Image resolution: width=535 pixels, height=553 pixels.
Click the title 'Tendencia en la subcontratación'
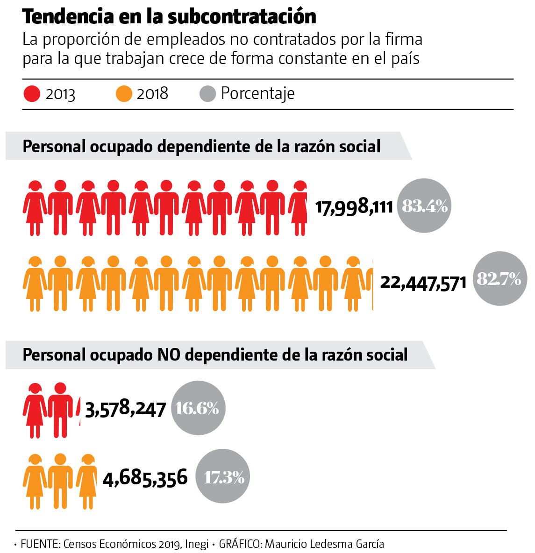click(x=169, y=17)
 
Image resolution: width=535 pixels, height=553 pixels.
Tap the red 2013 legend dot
click(x=32, y=94)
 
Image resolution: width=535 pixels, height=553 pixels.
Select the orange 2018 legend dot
click(x=124, y=94)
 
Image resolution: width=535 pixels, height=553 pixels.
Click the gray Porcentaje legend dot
click(x=207, y=93)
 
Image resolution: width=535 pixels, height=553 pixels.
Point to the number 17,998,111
click(x=354, y=206)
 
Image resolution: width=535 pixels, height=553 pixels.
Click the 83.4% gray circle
click(x=424, y=206)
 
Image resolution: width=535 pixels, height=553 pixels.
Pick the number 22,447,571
click(x=423, y=282)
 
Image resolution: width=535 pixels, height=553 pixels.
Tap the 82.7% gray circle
click(x=500, y=279)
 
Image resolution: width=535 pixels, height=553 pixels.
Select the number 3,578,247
click(x=126, y=410)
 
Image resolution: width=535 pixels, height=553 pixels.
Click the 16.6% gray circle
click(x=198, y=408)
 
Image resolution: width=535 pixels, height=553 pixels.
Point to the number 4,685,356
click(x=145, y=477)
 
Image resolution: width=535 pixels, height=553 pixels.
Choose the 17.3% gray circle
click(x=222, y=477)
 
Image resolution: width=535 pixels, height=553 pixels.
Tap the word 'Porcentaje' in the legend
click(x=257, y=94)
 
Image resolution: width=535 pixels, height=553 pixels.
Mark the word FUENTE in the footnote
click(x=39, y=544)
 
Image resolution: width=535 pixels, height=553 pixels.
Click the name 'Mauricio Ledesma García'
click(x=324, y=544)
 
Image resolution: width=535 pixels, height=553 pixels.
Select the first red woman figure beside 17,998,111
click(x=35, y=208)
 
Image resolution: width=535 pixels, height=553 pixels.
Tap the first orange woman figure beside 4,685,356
click(x=35, y=481)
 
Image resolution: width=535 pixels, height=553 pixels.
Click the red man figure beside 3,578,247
click(x=60, y=410)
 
